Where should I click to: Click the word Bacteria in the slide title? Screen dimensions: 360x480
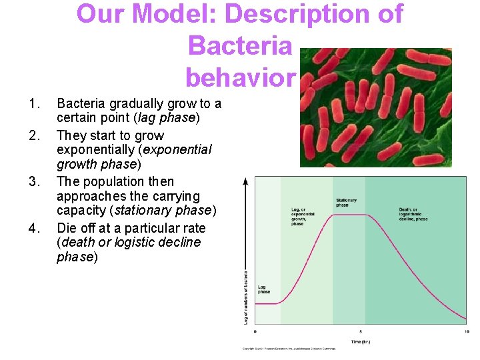[240, 46]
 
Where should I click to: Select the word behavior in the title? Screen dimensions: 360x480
[240, 78]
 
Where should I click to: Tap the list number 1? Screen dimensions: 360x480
[34, 104]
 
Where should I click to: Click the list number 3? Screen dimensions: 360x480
[34, 182]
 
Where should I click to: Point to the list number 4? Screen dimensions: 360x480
[34, 228]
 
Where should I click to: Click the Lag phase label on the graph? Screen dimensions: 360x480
[264, 289]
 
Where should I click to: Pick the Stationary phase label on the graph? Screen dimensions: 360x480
[346, 203]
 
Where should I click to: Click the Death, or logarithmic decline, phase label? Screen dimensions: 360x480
[413, 214]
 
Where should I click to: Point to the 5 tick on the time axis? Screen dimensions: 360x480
[361, 331]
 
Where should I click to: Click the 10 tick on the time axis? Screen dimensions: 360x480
[465, 331]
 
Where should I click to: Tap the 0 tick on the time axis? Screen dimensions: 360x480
[255, 331]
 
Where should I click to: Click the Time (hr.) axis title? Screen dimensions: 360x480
[361, 342]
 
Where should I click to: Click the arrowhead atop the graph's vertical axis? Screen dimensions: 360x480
[246, 181]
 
